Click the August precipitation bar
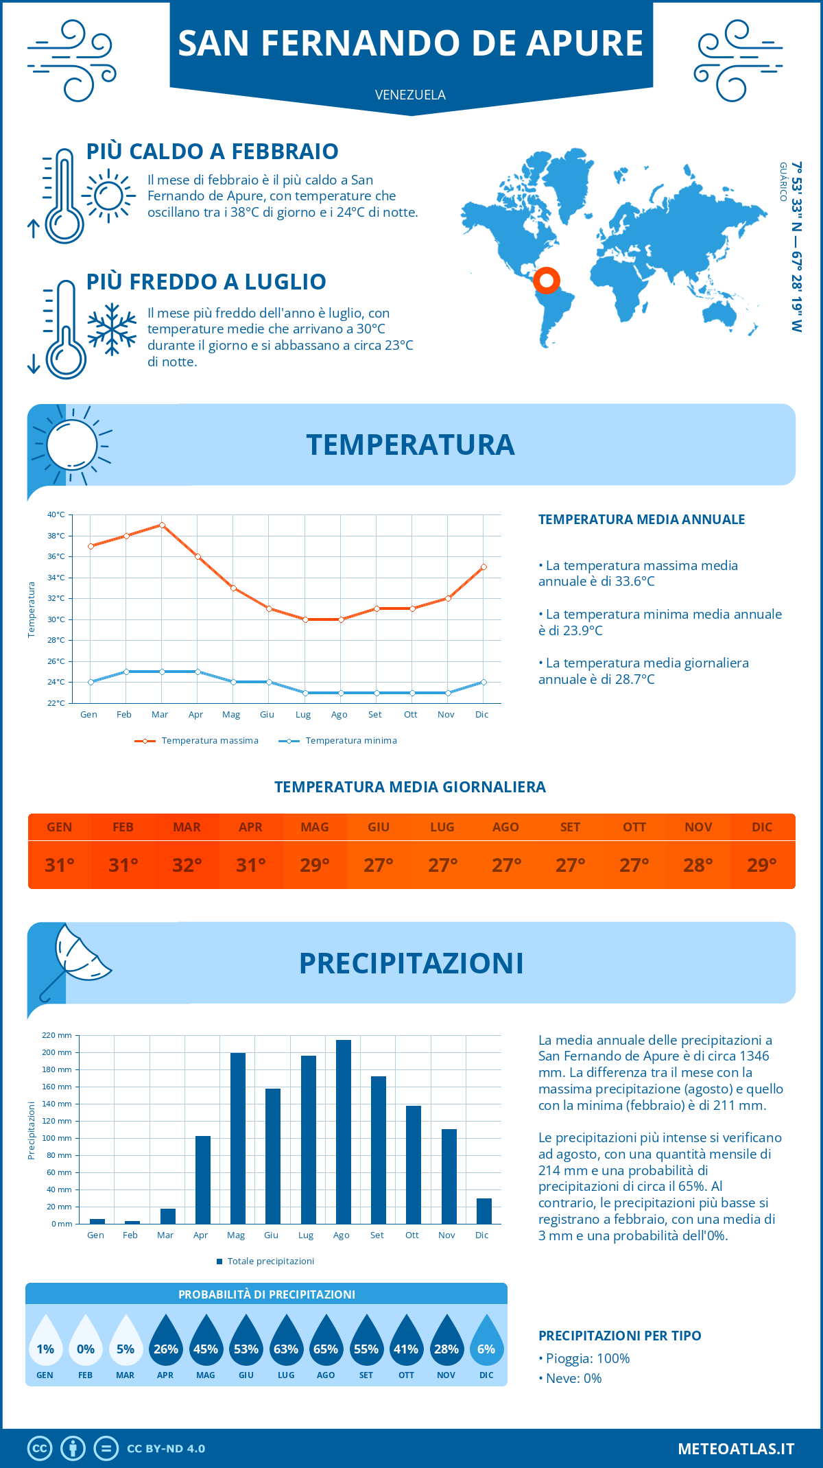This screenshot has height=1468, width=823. point(343,1132)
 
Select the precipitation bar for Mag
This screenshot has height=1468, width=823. point(237,1139)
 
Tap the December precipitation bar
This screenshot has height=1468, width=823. point(484,1211)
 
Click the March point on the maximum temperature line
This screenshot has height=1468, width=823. point(162,525)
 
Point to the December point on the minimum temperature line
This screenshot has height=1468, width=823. point(484,682)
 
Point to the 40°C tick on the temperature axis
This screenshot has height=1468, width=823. point(56,514)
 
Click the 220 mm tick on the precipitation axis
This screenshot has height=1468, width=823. point(57,1035)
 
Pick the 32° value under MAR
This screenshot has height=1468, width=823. point(187,865)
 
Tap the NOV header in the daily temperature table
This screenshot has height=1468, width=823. point(698,827)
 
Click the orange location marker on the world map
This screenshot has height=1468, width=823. point(547,280)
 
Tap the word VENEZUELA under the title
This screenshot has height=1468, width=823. point(410,95)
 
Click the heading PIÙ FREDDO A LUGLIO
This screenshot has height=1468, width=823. point(206,282)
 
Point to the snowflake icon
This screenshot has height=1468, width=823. point(112,329)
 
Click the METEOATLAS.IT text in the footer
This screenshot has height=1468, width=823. point(735,1449)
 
